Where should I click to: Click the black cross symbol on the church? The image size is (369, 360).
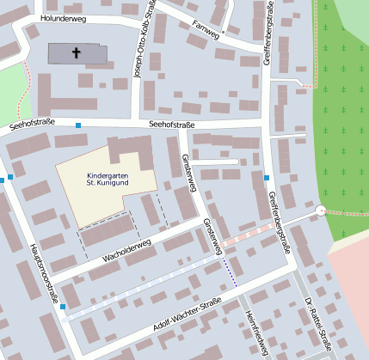tap(76, 53)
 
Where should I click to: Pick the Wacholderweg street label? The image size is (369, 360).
tap(126, 248)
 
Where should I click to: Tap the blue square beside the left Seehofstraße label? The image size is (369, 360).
tap(78, 126)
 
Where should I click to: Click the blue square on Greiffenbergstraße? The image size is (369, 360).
tap(267, 178)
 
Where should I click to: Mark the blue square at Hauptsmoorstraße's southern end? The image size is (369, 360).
tap(63, 306)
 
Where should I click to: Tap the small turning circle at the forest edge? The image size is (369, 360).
tap(321, 210)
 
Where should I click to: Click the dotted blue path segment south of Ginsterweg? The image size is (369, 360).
tap(230, 272)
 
